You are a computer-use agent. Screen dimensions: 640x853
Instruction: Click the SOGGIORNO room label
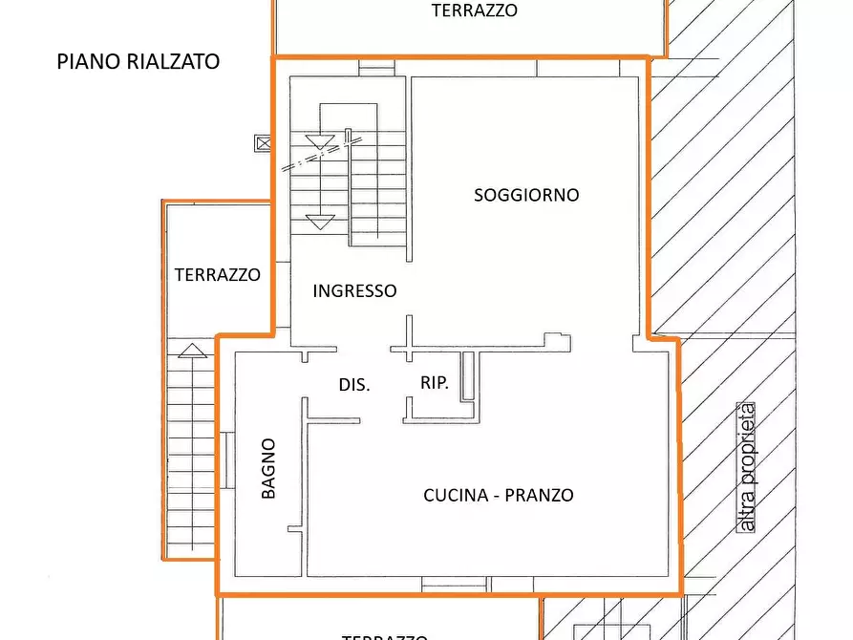coord(526,195)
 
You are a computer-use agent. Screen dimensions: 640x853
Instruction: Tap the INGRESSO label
coord(354,291)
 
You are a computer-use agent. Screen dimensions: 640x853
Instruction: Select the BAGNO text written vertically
coord(269,468)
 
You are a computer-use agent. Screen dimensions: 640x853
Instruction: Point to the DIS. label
coord(353,385)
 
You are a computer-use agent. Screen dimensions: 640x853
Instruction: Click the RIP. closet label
coord(435,384)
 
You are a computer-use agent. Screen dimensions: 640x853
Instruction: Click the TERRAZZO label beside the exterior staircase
coord(217,275)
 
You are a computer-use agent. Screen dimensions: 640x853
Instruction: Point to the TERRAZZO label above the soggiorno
coord(474,11)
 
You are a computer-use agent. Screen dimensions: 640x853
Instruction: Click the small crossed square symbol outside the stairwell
coord(263,143)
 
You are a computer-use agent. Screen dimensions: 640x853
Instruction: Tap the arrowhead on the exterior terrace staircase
coord(192,350)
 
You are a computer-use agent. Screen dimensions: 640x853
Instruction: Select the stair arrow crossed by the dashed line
coord(319,142)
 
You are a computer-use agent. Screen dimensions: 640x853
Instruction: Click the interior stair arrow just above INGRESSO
coord(319,223)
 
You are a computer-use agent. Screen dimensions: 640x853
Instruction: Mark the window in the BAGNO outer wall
coord(228,460)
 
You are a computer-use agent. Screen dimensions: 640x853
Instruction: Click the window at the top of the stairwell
coord(376,68)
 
